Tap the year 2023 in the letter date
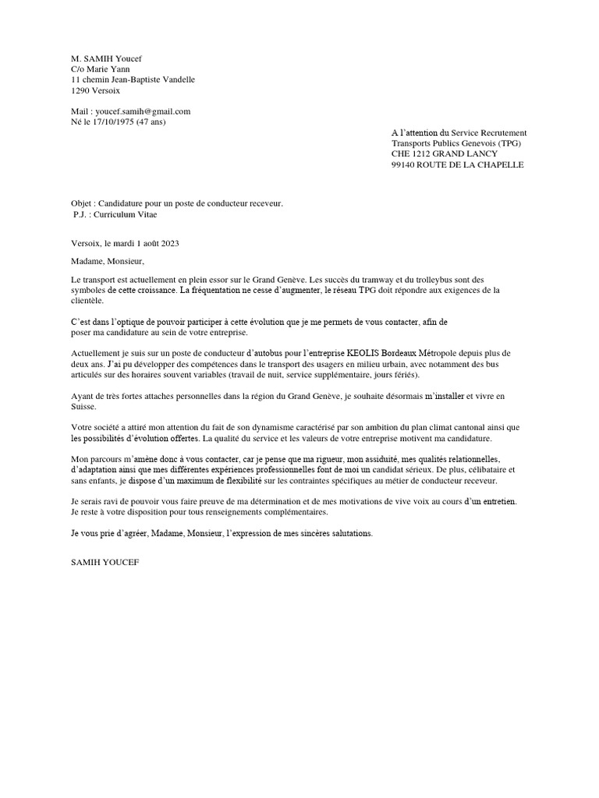click(169, 243)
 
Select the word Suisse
click(83, 407)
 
